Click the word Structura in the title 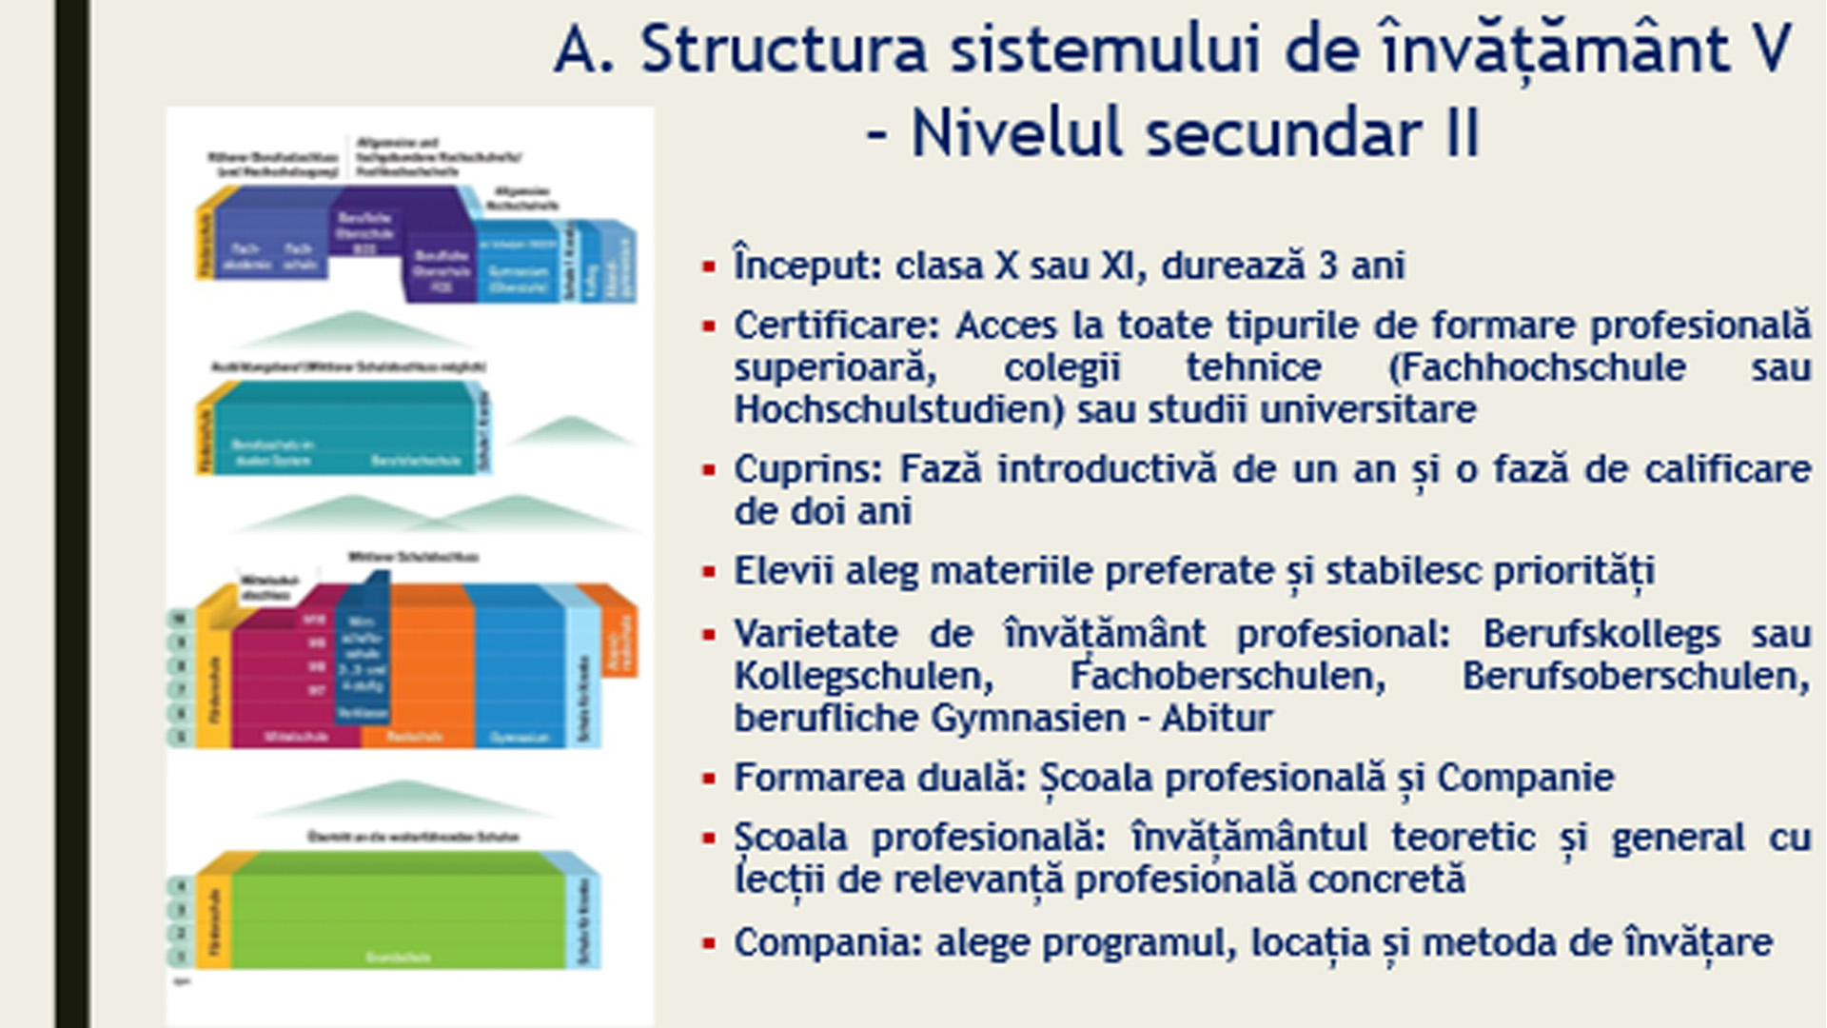[783, 49]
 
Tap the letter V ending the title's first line [1772, 49]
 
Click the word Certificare [835, 326]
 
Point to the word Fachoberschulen [1228, 676]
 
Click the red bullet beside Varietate [708, 635]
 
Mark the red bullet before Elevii [708, 572]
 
